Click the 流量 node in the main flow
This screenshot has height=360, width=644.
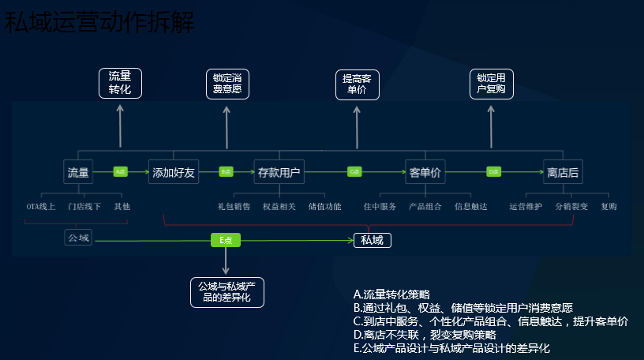click(x=78, y=171)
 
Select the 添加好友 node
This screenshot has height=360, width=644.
click(x=174, y=171)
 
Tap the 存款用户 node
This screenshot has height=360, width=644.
click(x=279, y=171)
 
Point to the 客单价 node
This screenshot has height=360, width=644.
click(x=425, y=171)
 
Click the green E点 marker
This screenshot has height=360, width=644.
click(x=225, y=240)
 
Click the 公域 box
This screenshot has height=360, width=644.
click(x=78, y=237)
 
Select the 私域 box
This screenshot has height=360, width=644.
click(x=372, y=240)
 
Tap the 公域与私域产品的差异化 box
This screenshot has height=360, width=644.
click(x=227, y=291)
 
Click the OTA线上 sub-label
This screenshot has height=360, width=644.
click(x=41, y=207)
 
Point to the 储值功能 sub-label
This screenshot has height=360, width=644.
click(x=325, y=207)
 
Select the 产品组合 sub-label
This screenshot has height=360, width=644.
click(x=425, y=207)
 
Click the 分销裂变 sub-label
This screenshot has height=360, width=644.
click(x=571, y=207)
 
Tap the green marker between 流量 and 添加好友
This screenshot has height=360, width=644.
click(x=121, y=171)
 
